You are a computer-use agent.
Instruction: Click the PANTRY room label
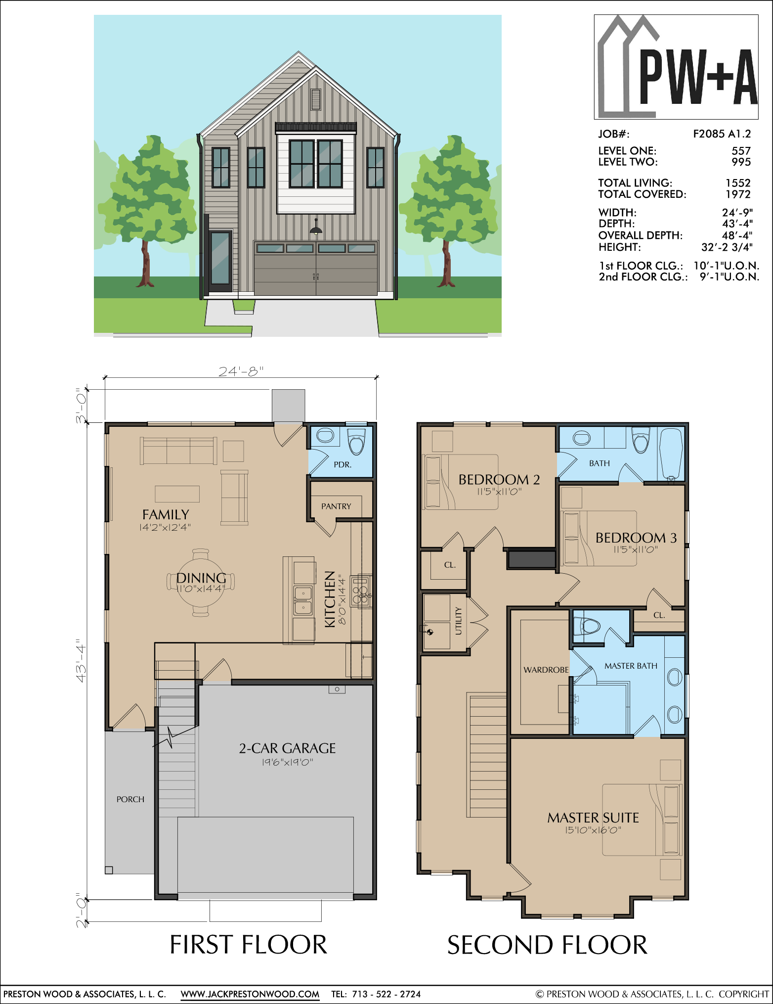[x=336, y=506]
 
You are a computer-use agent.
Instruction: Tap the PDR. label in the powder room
[x=343, y=465]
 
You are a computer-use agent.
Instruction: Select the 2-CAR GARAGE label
[x=287, y=748]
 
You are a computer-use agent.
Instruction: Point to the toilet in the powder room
[x=356, y=441]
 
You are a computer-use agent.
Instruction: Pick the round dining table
[x=201, y=582]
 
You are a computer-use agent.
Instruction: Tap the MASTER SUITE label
[x=593, y=818]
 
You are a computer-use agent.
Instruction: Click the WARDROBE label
[x=546, y=670]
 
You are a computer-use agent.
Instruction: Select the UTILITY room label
[x=458, y=621]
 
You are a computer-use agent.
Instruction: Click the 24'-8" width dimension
[x=241, y=371]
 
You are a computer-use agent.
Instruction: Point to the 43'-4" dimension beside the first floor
[x=81, y=663]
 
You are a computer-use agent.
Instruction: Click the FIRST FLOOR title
[x=249, y=945]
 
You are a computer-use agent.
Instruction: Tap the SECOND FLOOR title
[x=547, y=945]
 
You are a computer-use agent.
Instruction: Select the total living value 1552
[x=738, y=183]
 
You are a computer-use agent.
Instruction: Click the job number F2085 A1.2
[x=722, y=134]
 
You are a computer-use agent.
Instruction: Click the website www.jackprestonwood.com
[x=250, y=994]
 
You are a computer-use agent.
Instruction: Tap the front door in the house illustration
[x=220, y=261]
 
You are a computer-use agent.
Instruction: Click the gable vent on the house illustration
[x=315, y=99]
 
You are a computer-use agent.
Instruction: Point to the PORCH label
[x=130, y=799]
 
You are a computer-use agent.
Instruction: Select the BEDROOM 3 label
[x=636, y=538]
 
